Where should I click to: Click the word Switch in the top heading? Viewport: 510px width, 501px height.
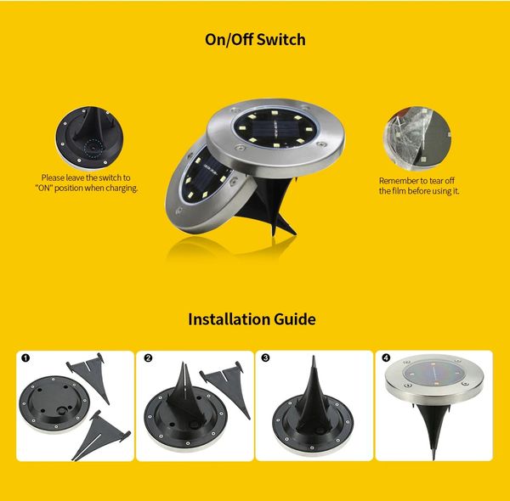281,40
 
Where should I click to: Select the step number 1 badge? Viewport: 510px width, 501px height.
25,358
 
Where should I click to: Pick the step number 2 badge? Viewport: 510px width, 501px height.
148,358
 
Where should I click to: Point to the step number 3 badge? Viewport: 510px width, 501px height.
266,358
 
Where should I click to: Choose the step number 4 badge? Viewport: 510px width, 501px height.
386,358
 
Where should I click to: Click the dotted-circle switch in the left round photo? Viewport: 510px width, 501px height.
93,147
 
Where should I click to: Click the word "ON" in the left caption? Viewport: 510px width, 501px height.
44,189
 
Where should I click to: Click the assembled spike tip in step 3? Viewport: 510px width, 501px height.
314,357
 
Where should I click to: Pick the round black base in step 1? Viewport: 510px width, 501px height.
54,403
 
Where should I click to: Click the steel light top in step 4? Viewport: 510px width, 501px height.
434,379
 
